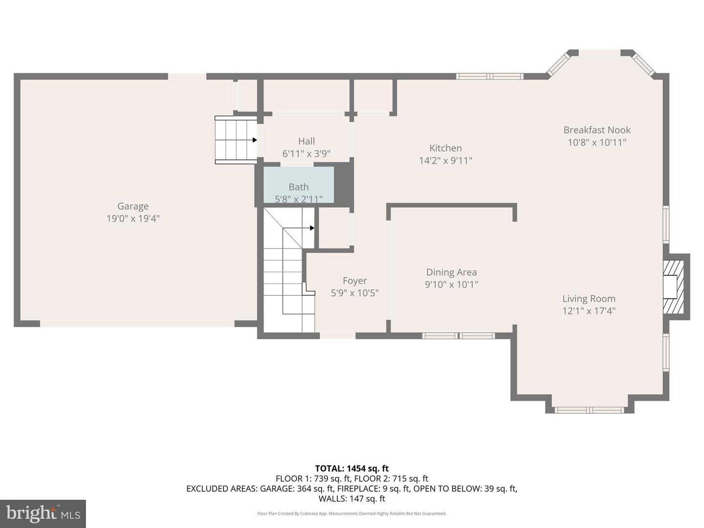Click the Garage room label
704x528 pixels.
point(132,206)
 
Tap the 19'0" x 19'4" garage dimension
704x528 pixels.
point(133,219)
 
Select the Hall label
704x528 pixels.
point(307,141)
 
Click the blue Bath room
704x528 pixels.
point(299,184)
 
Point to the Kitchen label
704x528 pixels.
point(445,148)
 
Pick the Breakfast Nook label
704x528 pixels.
point(597,130)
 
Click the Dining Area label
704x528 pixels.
point(451,272)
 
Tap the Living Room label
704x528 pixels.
point(589,299)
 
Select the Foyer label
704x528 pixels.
point(354,281)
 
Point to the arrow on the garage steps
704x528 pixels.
point(254,140)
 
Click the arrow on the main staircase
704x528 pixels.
point(311,228)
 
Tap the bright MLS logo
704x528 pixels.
point(43,513)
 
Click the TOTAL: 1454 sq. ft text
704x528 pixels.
point(352,468)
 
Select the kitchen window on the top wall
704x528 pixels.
point(490,76)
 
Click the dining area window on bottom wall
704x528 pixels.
point(459,336)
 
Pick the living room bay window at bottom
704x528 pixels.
point(590,410)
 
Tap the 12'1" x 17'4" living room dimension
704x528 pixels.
point(589,311)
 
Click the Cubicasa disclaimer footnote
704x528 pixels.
point(352,513)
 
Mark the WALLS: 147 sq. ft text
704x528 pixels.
point(352,499)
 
